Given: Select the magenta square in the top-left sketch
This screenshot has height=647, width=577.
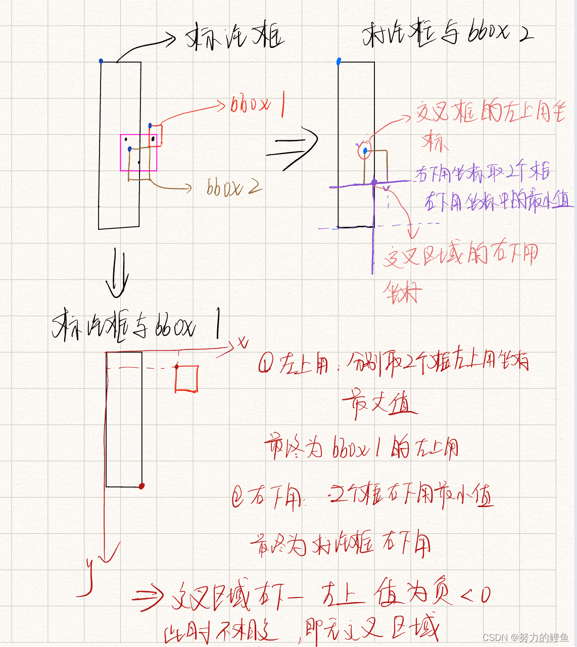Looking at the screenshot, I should [x=138, y=153].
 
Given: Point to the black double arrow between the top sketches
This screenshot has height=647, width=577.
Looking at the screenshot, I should [x=293, y=148].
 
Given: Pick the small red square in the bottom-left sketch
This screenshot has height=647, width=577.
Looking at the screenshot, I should [x=186, y=379].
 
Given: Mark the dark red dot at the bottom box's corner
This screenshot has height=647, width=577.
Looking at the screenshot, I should [x=142, y=486].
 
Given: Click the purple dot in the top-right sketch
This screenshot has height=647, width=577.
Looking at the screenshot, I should [x=374, y=182].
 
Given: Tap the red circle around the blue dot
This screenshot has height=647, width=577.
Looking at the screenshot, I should [x=364, y=151].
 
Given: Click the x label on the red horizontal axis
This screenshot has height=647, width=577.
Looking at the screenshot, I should [x=244, y=343].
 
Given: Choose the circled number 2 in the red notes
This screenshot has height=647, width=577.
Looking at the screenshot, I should [x=237, y=497].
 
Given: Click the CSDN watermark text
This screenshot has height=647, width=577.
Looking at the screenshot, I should [x=525, y=637].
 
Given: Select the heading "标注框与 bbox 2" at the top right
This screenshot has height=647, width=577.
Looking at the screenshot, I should [x=447, y=33].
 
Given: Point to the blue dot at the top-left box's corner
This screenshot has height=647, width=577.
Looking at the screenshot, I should [x=101, y=61].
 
